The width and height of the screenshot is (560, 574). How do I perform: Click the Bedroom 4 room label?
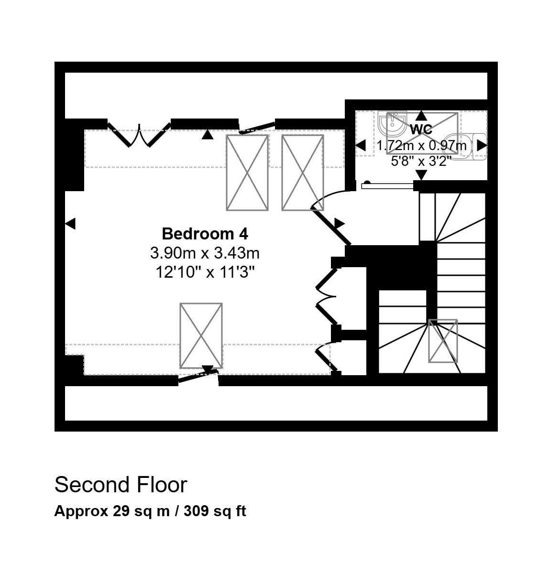pyautogui.click(x=205, y=234)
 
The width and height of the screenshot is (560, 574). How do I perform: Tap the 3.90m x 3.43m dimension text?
pyautogui.click(x=205, y=253)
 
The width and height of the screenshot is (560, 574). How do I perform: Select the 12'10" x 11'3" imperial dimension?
pyautogui.click(x=205, y=272)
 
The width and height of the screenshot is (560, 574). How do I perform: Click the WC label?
pyautogui.click(x=421, y=129)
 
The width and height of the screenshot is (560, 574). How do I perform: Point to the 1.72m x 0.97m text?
pyautogui.click(x=421, y=145)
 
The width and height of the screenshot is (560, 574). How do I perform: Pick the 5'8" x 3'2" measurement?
pyautogui.click(x=421, y=161)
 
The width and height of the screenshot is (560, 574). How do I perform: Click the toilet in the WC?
pyautogui.click(x=465, y=147)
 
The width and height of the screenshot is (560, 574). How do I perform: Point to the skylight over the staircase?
pyautogui.click(x=443, y=341)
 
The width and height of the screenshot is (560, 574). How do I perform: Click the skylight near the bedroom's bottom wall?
pyautogui.click(x=201, y=336)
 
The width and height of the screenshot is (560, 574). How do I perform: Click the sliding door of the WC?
pyautogui.click(x=387, y=186)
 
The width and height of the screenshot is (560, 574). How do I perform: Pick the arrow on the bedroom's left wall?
pyautogui.click(x=70, y=224)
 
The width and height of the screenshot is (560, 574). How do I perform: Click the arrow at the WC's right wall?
pyautogui.click(x=482, y=145)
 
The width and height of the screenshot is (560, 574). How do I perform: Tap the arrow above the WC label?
pyautogui.click(x=421, y=116)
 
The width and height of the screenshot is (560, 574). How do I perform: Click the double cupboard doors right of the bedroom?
pyautogui.click(x=326, y=296)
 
